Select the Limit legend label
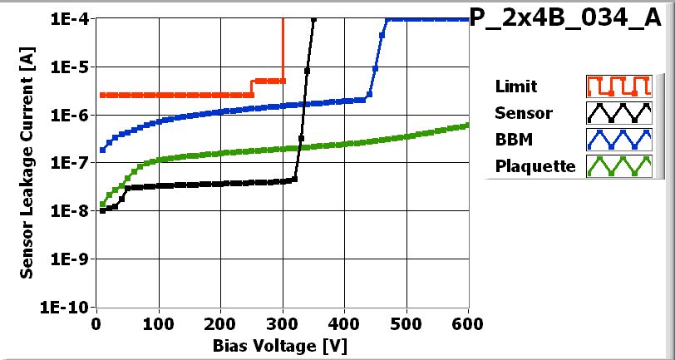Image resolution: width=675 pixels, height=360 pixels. (x=515, y=86)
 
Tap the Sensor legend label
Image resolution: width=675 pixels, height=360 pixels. (x=523, y=113)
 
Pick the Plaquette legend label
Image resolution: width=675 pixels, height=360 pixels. (x=535, y=166)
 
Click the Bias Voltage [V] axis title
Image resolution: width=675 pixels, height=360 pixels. (x=278, y=344)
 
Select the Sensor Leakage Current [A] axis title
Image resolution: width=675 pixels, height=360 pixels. (x=27, y=162)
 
